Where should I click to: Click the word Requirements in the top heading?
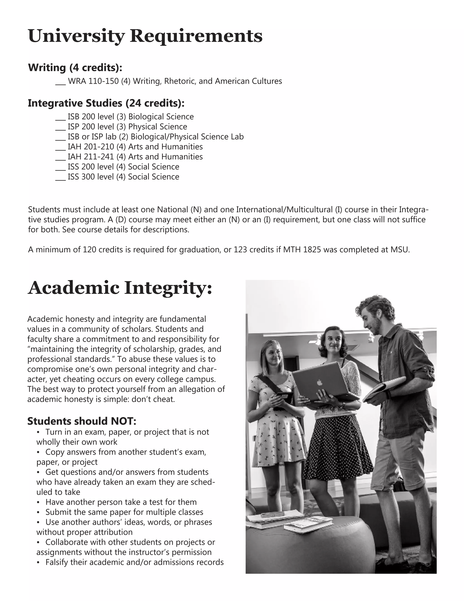(x=196, y=36)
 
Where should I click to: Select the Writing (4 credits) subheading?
(x=75, y=67)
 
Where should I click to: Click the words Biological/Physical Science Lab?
(x=187, y=137)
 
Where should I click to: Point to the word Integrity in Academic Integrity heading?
(x=168, y=288)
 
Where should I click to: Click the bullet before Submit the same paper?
(x=38, y=512)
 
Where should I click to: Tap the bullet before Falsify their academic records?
(x=38, y=562)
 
